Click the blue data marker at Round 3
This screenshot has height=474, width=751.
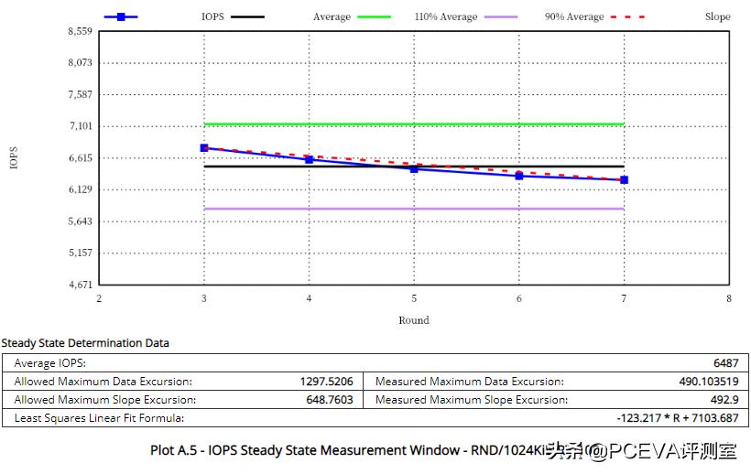click(x=204, y=147)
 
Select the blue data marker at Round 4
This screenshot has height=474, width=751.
click(x=310, y=159)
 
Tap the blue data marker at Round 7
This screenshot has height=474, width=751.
click(x=624, y=179)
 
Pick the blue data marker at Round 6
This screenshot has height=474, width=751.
click(x=519, y=175)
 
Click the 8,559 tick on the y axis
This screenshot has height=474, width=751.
click(x=81, y=31)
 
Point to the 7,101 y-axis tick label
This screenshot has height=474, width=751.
click(x=81, y=126)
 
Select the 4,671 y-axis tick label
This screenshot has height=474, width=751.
click(x=81, y=285)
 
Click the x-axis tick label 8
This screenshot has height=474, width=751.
click(x=729, y=298)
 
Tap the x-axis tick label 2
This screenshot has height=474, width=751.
click(x=99, y=298)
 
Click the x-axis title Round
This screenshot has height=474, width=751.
click(x=414, y=320)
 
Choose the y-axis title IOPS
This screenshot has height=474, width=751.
click(x=14, y=157)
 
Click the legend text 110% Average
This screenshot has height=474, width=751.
click(x=446, y=16)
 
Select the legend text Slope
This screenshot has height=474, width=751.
click(x=717, y=16)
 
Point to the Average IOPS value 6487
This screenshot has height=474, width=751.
click(x=724, y=363)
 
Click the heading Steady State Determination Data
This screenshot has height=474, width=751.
click(x=85, y=343)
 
